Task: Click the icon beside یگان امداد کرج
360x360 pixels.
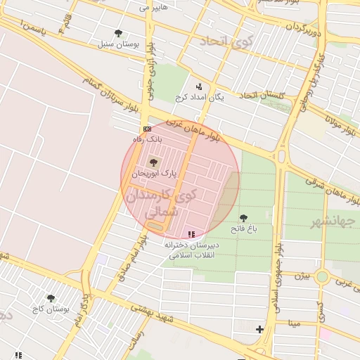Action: point(199,86)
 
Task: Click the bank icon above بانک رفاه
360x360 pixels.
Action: point(147,129)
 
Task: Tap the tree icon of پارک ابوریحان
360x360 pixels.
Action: point(155,162)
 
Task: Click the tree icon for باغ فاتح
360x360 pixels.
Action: point(244,218)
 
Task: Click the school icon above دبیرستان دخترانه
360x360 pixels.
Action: point(191,234)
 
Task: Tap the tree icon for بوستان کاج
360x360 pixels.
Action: point(51,298)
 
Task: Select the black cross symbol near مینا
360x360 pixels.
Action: point(259,329)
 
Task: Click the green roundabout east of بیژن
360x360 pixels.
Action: point(322,276)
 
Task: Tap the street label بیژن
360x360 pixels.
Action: point(302,276)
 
